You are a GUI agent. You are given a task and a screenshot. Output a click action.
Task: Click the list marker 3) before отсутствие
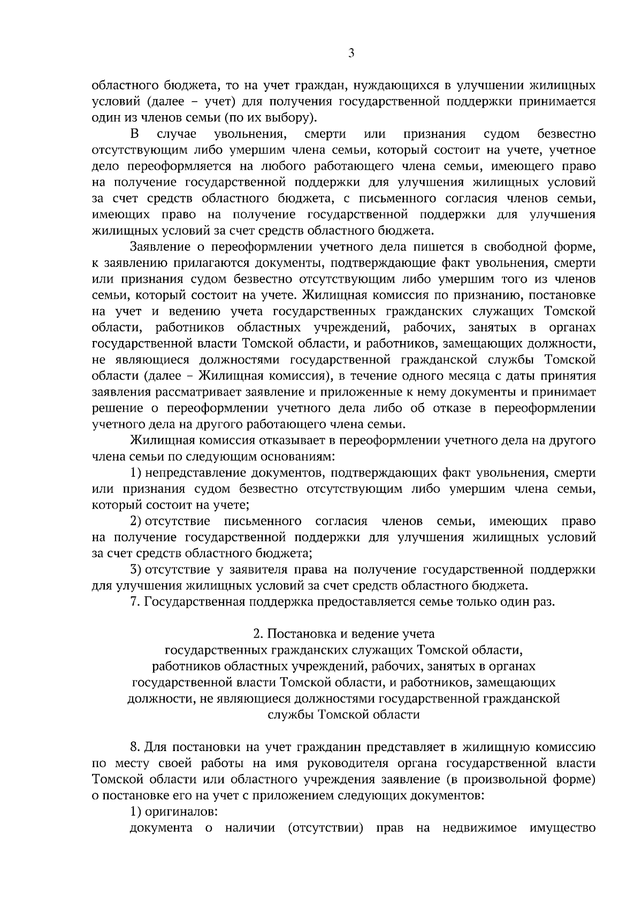tap(136, 569)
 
